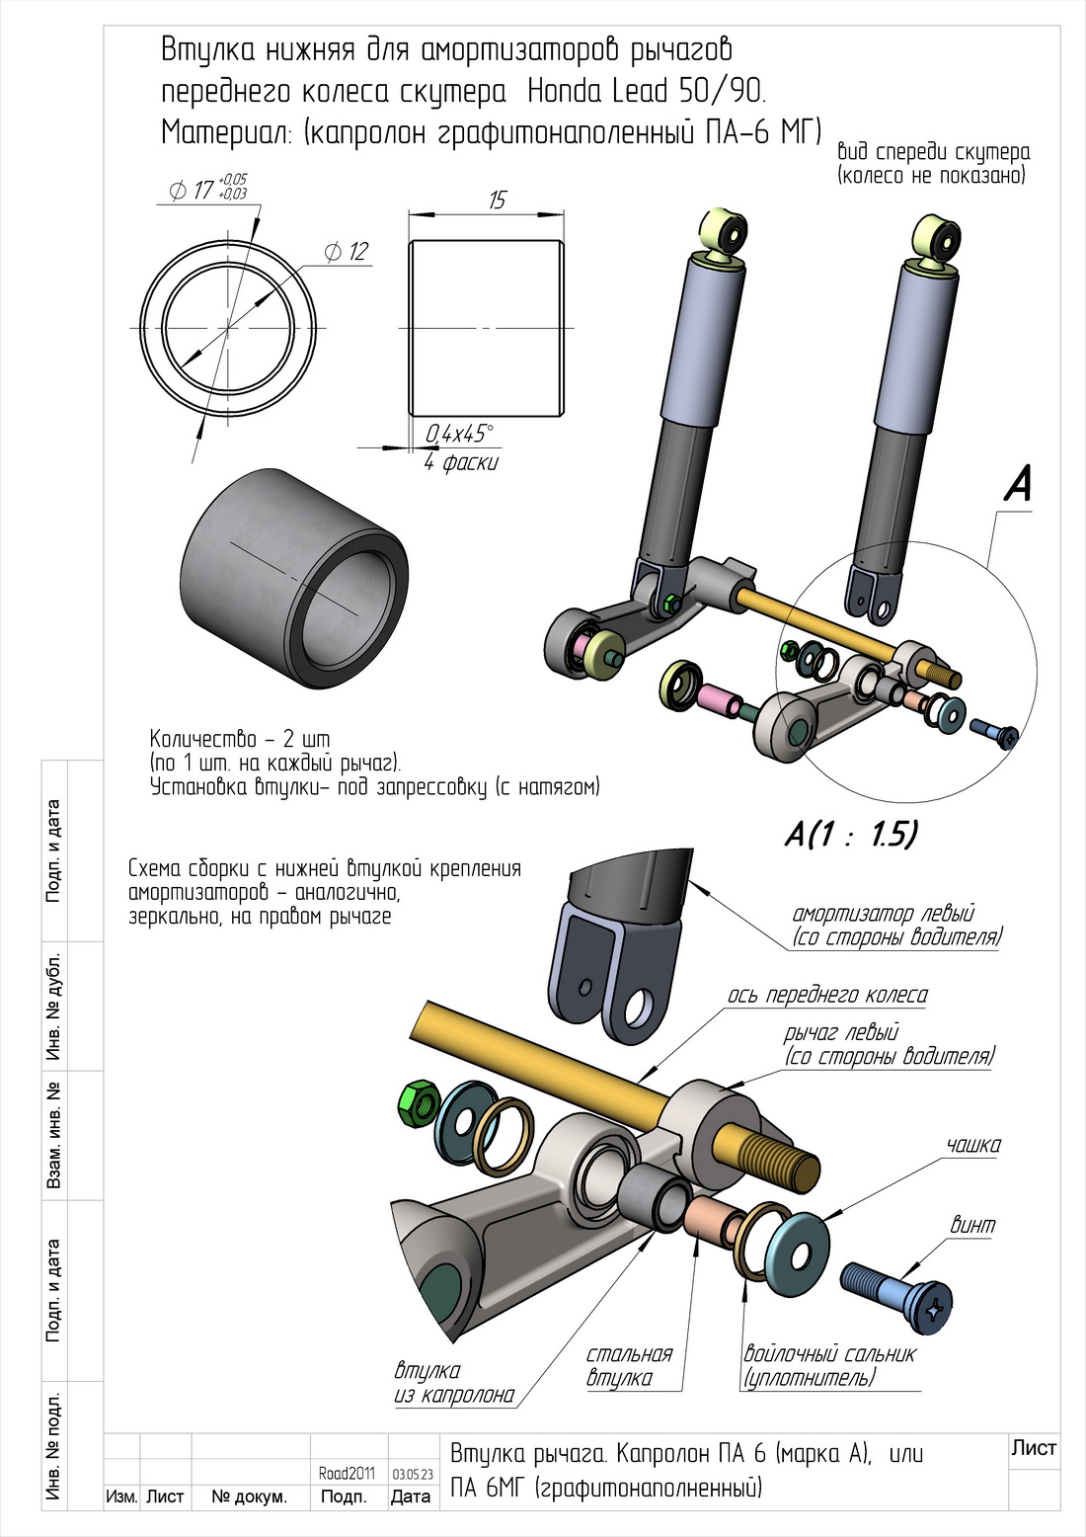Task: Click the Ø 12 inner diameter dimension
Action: (x=347, y=252)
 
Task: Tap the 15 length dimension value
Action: (x=497, y=201)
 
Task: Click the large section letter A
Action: (x=1018, y=484)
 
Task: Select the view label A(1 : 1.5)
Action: (x=851, y=835)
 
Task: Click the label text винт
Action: (x=972, y=1226)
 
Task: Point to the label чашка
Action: (x=973, y=1146)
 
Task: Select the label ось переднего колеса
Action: (x=827, y=995)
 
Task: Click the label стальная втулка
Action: (x=628, y=1366)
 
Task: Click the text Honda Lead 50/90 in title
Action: (x=647, y=91)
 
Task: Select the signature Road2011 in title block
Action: (x=347, y=1473)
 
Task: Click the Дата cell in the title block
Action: (x=411, y=1497)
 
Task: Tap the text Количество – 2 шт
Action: (x=240, y=739)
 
